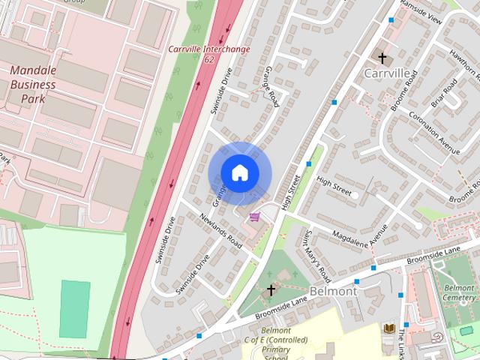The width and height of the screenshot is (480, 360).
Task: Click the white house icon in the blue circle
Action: (x=239, y=173)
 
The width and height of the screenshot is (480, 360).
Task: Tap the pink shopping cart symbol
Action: (x=255, y=217)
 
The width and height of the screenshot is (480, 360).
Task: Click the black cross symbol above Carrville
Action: (x=382, y=58)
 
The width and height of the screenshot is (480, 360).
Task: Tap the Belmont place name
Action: (x=332, y=290)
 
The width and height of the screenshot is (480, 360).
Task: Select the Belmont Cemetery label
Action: (x=458, y=292)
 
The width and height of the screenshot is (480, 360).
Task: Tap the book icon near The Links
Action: (x=388, y=328)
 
